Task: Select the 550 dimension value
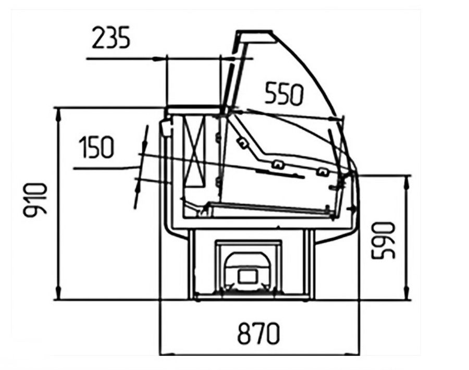[284, 94]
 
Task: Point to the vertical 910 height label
[35, 199]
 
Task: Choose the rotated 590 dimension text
[384, 240]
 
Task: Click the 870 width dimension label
[258, 334]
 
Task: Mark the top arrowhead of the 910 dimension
[58, 114]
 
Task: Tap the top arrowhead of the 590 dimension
[407, 182]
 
